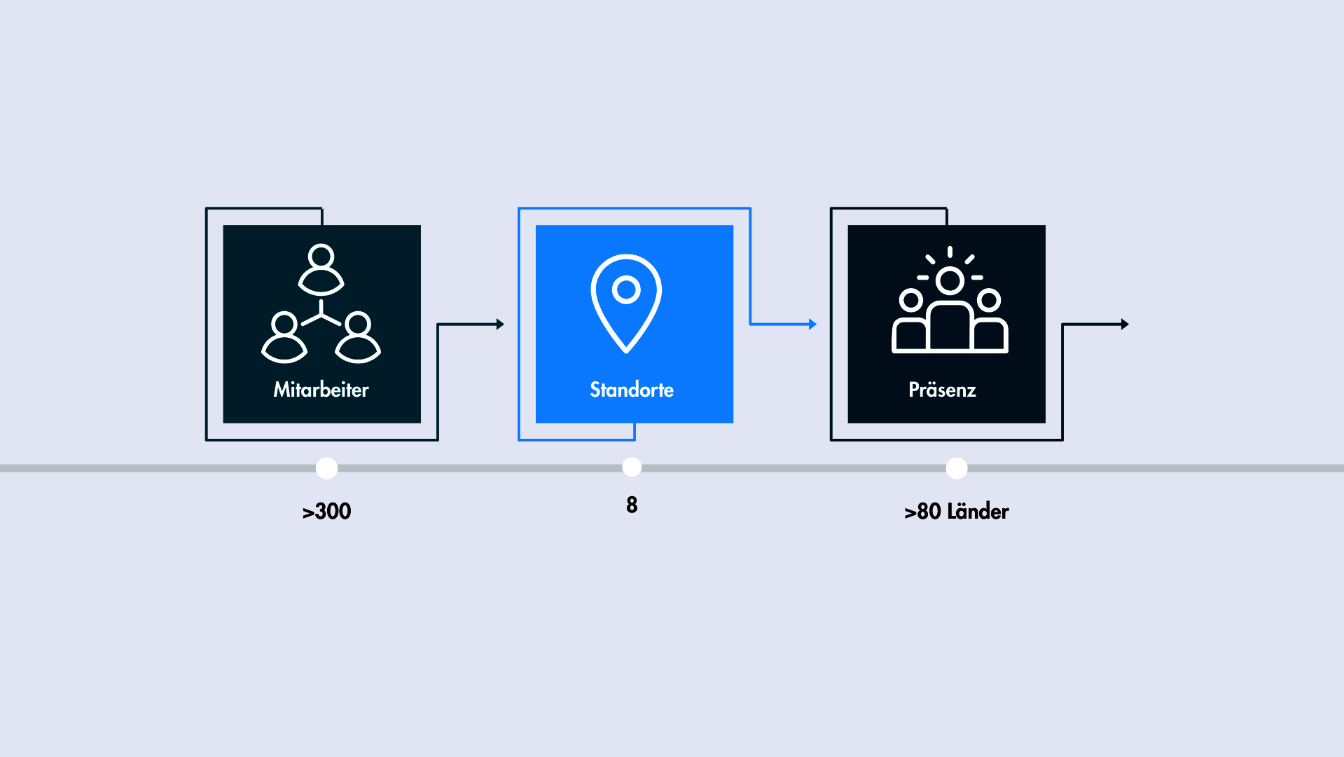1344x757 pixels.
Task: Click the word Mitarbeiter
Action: (x=321, y=390)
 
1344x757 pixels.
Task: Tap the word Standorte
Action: (x=632, y=390)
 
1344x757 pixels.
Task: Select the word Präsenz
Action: (x=942, y=390)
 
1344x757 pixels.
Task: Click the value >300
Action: (x=326, y=511)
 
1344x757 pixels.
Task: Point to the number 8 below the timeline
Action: (x=632, y=505)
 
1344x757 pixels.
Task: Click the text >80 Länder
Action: (x=956, y=511)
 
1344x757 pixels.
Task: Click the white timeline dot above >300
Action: (x=326, y=468)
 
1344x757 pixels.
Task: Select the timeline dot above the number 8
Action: (x=632, y=467)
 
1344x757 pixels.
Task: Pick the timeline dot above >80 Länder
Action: (x=956, y=468)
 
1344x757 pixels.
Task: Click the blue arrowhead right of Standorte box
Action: (x=812, y=325)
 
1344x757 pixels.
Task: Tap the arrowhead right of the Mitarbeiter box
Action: (x=500, y=325)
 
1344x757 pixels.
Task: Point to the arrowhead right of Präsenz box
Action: (x=1125, y=325)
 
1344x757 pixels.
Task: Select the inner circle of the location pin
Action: (x=626, y=289)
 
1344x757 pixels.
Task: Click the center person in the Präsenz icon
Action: (x=950, y=308)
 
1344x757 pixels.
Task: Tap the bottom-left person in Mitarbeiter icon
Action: (x=284, y=338)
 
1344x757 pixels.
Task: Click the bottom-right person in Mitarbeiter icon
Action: (x=358, y=338)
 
